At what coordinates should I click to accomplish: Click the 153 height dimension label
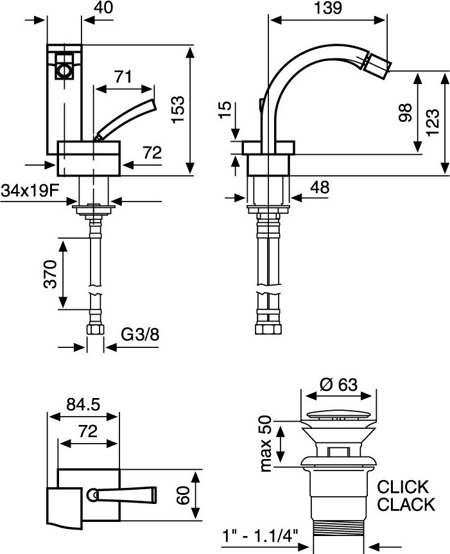(178, 109)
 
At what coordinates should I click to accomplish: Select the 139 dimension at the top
(328, 8)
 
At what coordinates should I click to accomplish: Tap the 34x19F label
(30, 191)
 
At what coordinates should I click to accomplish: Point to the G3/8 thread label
(140, 334)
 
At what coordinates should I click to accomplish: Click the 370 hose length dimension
(50, 274)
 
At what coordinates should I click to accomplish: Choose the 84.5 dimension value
(83, 404)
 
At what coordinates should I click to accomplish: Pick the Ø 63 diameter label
(338, 385)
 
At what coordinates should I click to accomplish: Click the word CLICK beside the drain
(403, 487)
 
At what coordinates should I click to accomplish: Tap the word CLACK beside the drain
(406, 505)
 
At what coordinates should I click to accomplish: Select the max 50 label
(266, 444)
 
